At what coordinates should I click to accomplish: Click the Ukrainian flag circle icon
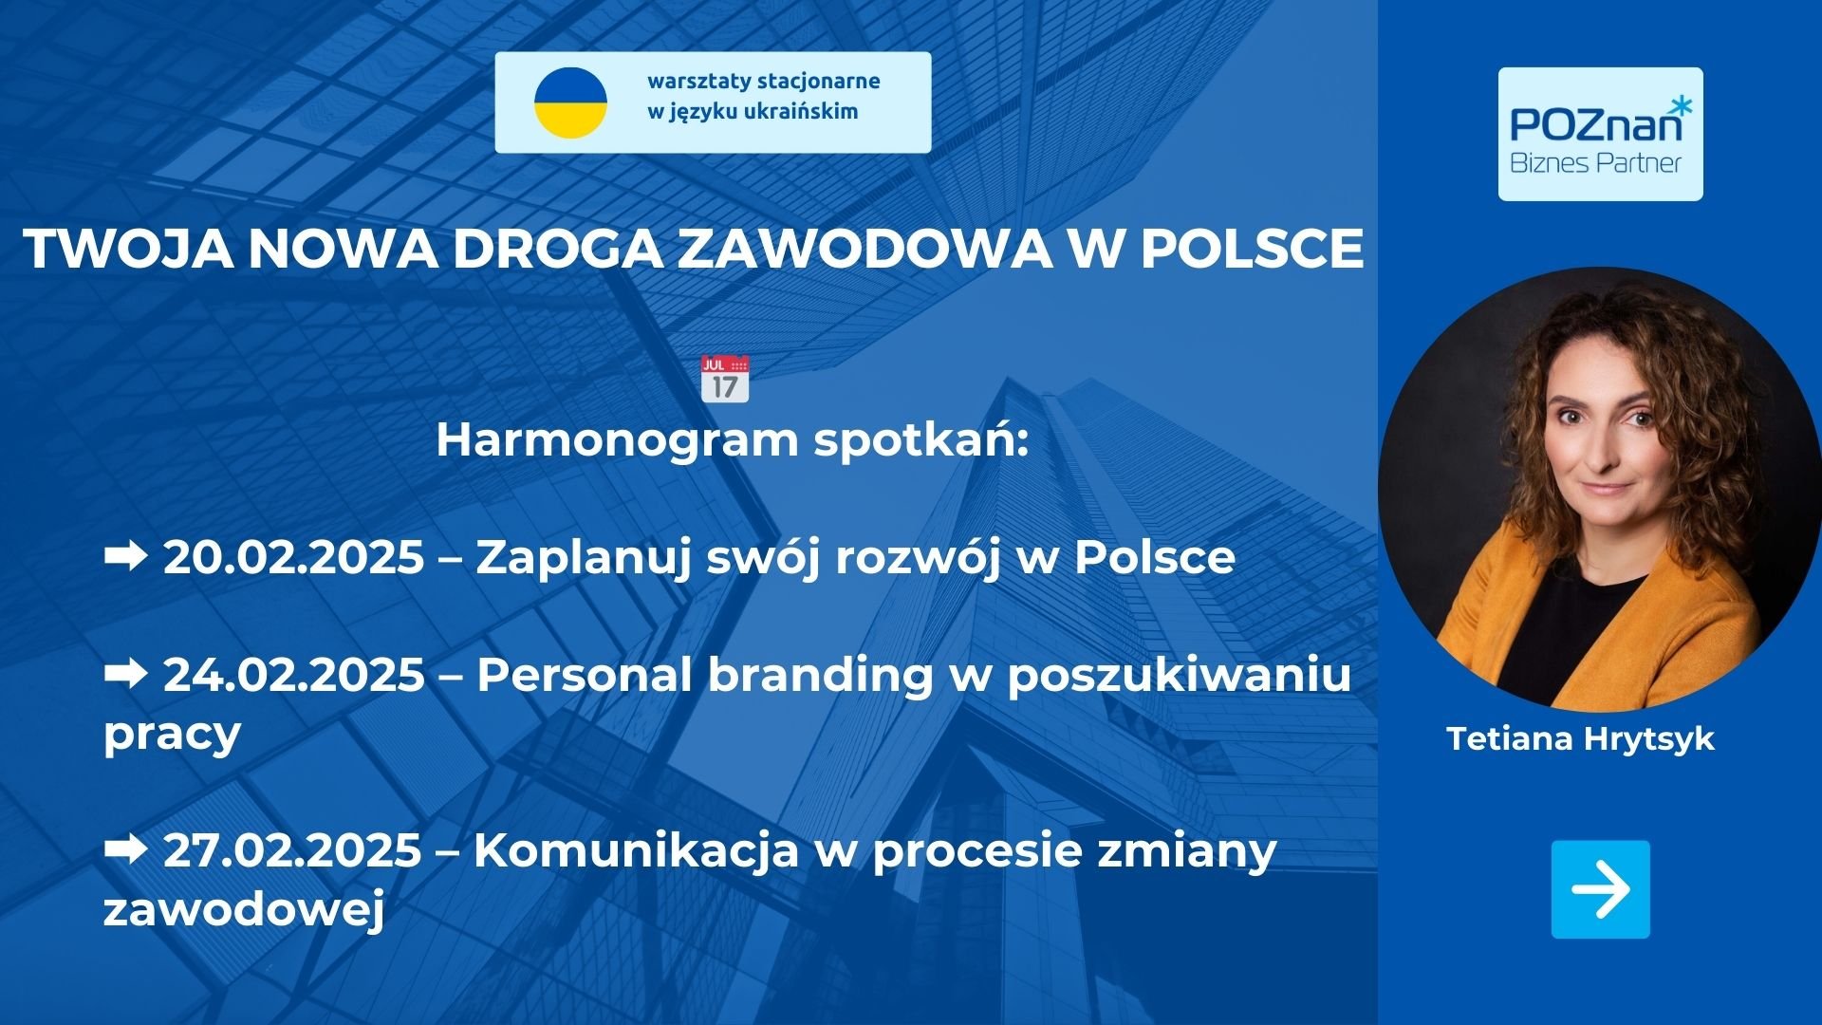coord(570,102)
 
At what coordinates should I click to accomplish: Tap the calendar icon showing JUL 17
coord(725,379)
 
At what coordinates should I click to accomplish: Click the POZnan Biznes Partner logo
coord(1600,134)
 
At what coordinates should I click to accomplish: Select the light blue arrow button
coord(1600,889)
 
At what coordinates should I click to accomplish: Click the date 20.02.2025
coord(293,557)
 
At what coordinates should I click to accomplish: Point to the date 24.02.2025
coord(294,675)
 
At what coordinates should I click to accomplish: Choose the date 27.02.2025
coord(292,849)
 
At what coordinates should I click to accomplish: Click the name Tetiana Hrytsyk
coord(1580,739)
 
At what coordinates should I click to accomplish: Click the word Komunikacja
coord(636,850)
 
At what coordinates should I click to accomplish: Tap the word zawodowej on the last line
coord(244,910)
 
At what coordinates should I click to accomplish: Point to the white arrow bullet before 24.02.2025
coord(125,673)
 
